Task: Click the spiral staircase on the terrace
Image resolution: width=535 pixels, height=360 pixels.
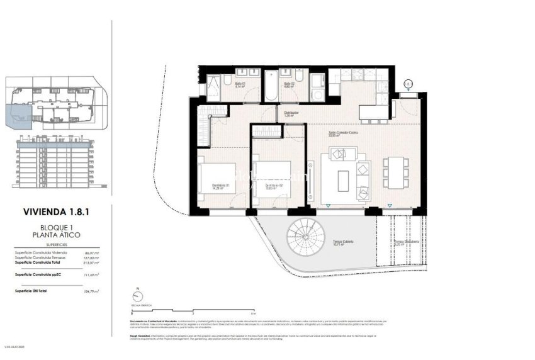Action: pyautogui.click(x=305, y=239)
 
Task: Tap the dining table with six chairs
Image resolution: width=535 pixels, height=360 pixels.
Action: pyautogui.click(x=395, y=171)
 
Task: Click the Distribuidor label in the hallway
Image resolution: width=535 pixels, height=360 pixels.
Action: pyautogui.click(x=290, y=114)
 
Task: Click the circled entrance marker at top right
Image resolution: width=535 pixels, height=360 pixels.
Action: pyautogui.click(x=408, y=83)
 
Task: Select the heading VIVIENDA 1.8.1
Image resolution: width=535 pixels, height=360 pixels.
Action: pyautogui.click(x=57, y=213)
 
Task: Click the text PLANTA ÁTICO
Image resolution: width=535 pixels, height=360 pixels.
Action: pyautogui.click(x=57, y=235)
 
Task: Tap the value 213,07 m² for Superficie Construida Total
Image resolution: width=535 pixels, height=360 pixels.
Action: pyautogui.click(x=92, y=262)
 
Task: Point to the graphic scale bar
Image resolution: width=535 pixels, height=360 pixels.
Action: pyautogui.click(x=192, y=309)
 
